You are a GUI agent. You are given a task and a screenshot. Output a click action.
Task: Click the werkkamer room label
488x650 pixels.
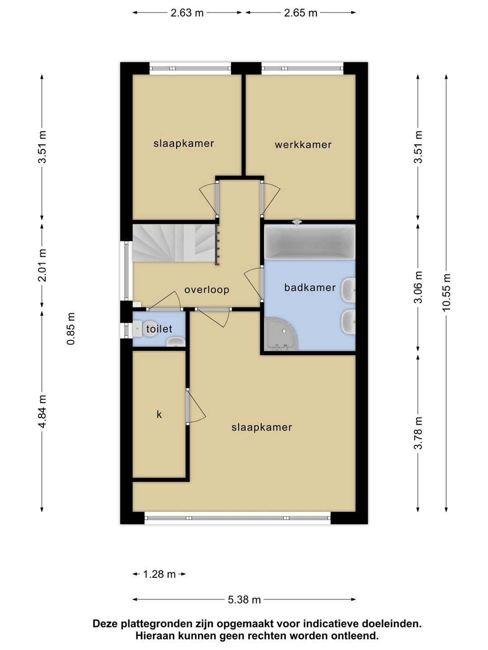[303, 145]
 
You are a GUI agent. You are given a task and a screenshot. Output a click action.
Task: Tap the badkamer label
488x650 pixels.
[310, 287]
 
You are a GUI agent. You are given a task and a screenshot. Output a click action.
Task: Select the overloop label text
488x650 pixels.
[207, 289]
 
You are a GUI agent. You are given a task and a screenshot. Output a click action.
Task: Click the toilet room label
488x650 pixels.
[159, 329]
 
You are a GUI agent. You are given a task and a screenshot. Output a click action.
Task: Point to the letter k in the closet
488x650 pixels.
[159, 414]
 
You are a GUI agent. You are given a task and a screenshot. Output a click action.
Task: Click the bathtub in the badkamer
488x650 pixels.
[310, 241]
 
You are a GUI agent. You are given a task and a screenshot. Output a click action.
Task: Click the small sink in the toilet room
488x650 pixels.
[176, 342]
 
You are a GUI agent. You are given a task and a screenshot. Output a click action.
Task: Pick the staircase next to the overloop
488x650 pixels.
[175, 243]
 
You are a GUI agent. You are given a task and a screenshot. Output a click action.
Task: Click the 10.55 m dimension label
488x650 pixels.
[446, 292]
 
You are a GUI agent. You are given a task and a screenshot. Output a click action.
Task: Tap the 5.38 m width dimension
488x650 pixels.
[244, 599]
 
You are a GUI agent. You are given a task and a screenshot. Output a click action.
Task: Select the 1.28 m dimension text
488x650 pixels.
[160, 574]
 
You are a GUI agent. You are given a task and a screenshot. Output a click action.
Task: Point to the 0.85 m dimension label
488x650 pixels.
[71, 329]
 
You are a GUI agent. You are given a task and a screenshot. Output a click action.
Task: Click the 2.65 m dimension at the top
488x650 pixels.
[300, 13]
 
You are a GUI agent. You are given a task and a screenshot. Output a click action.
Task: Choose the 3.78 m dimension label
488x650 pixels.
[418, 433]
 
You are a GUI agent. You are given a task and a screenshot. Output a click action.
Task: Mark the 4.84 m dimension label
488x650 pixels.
[42, 411]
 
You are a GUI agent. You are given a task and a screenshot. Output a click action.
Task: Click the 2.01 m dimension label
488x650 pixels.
[42, 265]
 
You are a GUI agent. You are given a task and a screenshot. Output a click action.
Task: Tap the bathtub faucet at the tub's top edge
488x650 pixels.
[296, 224]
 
